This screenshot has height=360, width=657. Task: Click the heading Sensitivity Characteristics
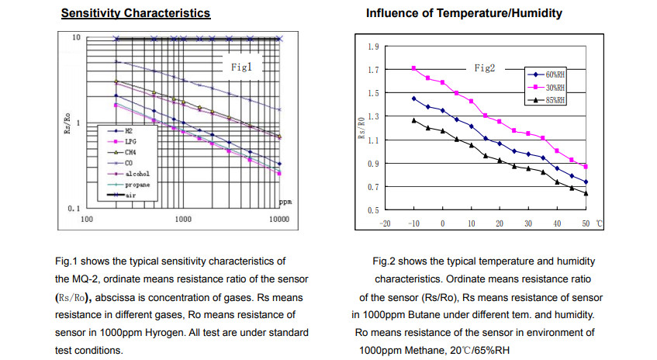tap(135, 14)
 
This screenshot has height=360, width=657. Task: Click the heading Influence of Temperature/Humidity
tap(463, 14)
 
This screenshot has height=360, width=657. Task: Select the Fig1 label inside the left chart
tap(242, 67)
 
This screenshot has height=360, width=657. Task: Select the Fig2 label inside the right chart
tap(485, 68)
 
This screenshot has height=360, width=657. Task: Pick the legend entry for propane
tap(137, 186)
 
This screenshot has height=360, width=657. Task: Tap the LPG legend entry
tap(130, 143)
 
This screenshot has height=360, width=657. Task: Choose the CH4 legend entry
tap(130, 154)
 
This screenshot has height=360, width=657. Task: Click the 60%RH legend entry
tap(554, 74)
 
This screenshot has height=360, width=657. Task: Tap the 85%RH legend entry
tap(554, 100)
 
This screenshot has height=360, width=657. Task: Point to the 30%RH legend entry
tap(554, 87)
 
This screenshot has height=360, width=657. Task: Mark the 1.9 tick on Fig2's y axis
tap(373, 47)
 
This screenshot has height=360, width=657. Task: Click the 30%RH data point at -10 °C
tap(413, 68)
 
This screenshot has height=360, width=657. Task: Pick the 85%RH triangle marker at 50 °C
tap(586, 193)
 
